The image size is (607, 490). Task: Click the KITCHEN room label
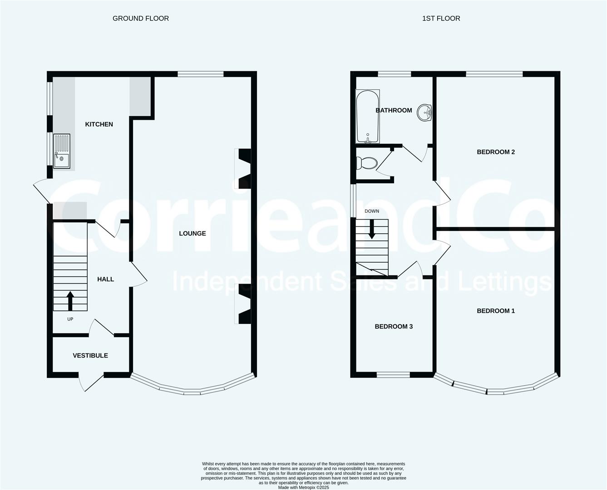(x=99, y=124)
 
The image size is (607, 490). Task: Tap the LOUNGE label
(x=192, y=234)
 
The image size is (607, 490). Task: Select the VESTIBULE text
(x=90, y=356)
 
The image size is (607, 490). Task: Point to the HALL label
(x=105, y=279)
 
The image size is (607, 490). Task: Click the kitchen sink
(x=62, y=152)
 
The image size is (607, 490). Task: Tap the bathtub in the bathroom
(x=368, y=117)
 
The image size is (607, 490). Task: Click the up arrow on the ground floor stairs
(x=70, y=301)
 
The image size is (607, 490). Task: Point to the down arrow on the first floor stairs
(x=372, y=229)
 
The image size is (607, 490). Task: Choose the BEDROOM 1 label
(x=496, y=311)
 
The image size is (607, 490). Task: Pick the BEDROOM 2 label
(x=496, y=152)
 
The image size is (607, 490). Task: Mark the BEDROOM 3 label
(x=394, y=327)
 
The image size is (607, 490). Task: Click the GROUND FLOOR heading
(x=141, y=19)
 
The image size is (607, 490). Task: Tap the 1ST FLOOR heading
(x=441, y=19)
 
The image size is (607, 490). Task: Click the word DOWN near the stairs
(x=372, y=211)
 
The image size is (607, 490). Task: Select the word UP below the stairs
(x=70, y=319)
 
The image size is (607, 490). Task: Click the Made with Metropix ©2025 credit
(x=303, y=487)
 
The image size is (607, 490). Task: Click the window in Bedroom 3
(x=393, y=375)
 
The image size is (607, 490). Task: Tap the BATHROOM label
(x=394, y=110)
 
